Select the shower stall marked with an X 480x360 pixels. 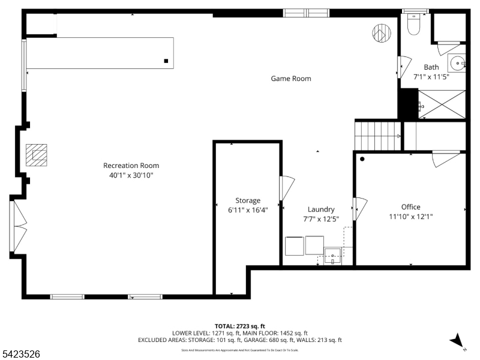pos(442,104)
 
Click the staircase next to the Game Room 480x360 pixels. pos(377,136)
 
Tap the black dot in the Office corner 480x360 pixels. pos(362,159)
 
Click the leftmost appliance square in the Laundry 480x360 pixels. pos(294,246)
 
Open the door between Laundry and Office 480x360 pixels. pos(360,208)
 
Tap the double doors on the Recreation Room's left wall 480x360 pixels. pos(18,226)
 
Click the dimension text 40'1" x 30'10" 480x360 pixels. pos(131,175)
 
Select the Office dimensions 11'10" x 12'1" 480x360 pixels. pos(410,217)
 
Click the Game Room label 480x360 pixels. pos(291,79)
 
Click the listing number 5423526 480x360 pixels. pos(21,355)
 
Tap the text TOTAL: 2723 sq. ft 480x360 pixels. pos(240,325)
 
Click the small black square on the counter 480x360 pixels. pos(166,61)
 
